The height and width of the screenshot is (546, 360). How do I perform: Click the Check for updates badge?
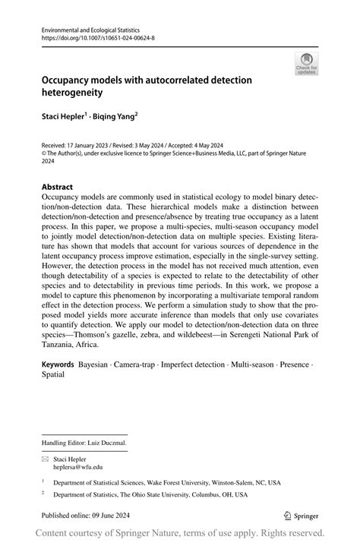(306, 65)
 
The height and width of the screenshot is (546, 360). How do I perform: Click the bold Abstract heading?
(58, 187)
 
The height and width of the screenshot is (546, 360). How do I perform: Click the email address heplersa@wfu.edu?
(77, 467)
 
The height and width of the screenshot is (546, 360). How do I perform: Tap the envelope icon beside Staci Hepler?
(44, 459)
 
